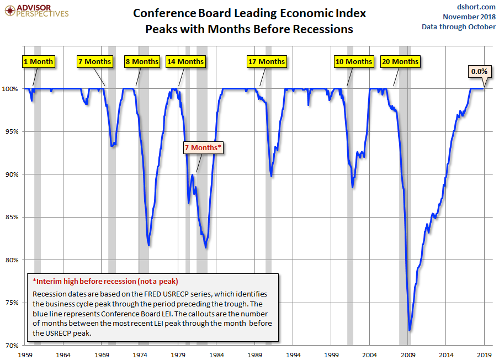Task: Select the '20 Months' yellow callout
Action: point(400,61)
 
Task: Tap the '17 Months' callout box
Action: point(267,61)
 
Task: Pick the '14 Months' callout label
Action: point(185,61)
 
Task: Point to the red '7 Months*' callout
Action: point(203,147)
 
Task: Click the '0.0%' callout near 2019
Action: point(478,71)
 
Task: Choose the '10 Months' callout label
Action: point(354,61)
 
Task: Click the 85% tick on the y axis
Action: point(13,217)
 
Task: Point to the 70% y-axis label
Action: point(13,346)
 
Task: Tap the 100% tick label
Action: point(12,89)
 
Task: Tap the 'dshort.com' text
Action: point(476,7)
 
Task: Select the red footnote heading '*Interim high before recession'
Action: point(105,281)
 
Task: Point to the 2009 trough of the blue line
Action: point(410,330)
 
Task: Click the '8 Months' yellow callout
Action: point(141,61)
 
